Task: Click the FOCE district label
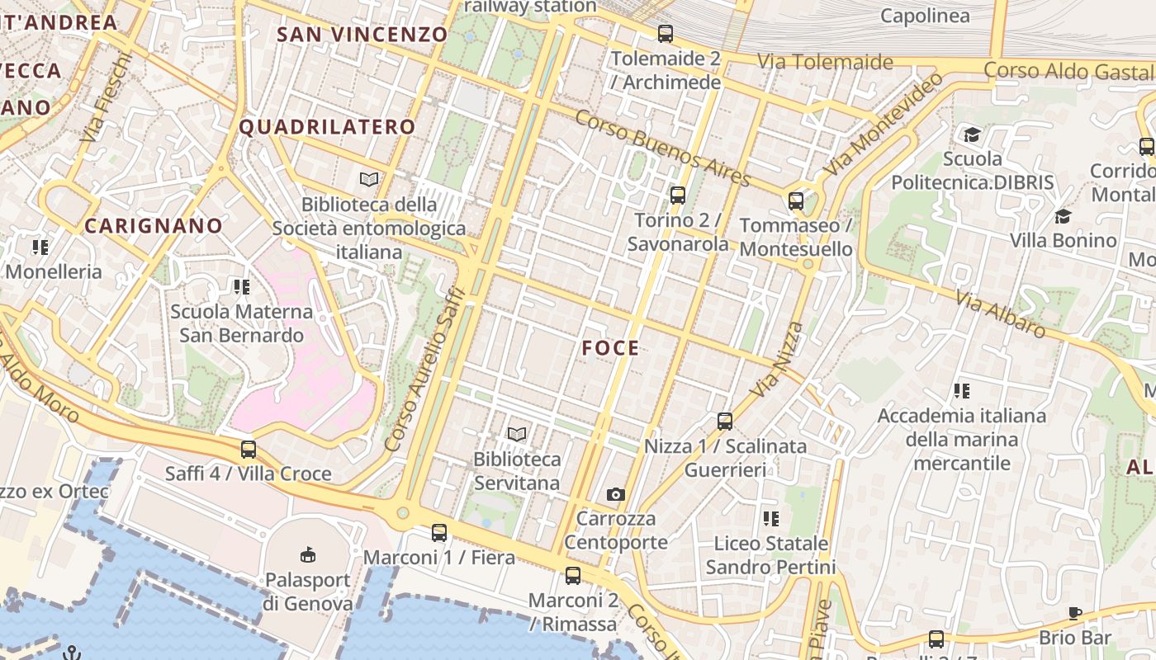pos(610,348)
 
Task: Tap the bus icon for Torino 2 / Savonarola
pos(678,196)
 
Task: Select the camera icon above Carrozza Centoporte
pos(615,494)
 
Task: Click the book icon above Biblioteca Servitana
pos(517,434)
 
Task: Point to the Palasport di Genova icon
pos(308,554)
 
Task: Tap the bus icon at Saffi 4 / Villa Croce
pos(249,450)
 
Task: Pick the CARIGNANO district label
pos(154,225)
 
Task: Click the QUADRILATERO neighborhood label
pos(327,126)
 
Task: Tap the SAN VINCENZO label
pos(362,34)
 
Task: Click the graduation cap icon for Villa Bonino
pos(1063,216)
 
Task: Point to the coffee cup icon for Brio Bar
pos(1074,613)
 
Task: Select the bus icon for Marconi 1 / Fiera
pos(439,533)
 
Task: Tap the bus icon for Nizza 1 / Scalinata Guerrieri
pos(725,422)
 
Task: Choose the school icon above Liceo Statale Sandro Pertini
pos(770,519)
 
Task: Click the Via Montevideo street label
pos(884,124)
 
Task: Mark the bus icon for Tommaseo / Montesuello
pos(796,200)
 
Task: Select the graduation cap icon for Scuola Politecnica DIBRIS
pos(972,134)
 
